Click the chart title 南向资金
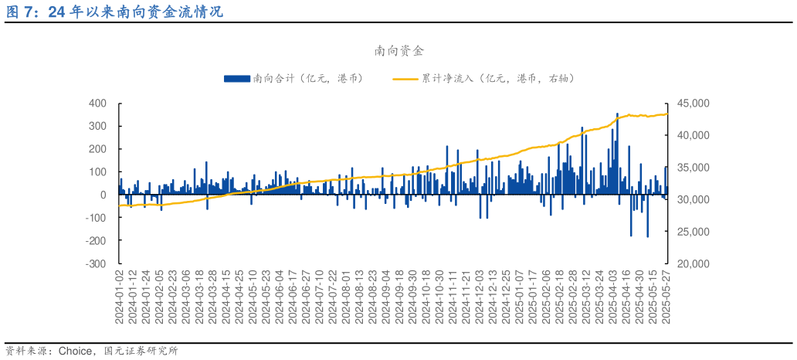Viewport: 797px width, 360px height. coord(398,51)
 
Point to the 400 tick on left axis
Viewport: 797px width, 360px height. coord(97,103)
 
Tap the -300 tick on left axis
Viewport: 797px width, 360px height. coord(96,263)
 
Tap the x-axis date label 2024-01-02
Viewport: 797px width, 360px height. coord(120,298)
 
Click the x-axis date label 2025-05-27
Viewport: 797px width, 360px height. coord(666,298)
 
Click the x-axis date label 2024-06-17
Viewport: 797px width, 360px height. coord(293,298)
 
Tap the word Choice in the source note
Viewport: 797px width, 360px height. coord(76,351)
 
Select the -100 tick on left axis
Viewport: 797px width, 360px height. coord(96,218)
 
